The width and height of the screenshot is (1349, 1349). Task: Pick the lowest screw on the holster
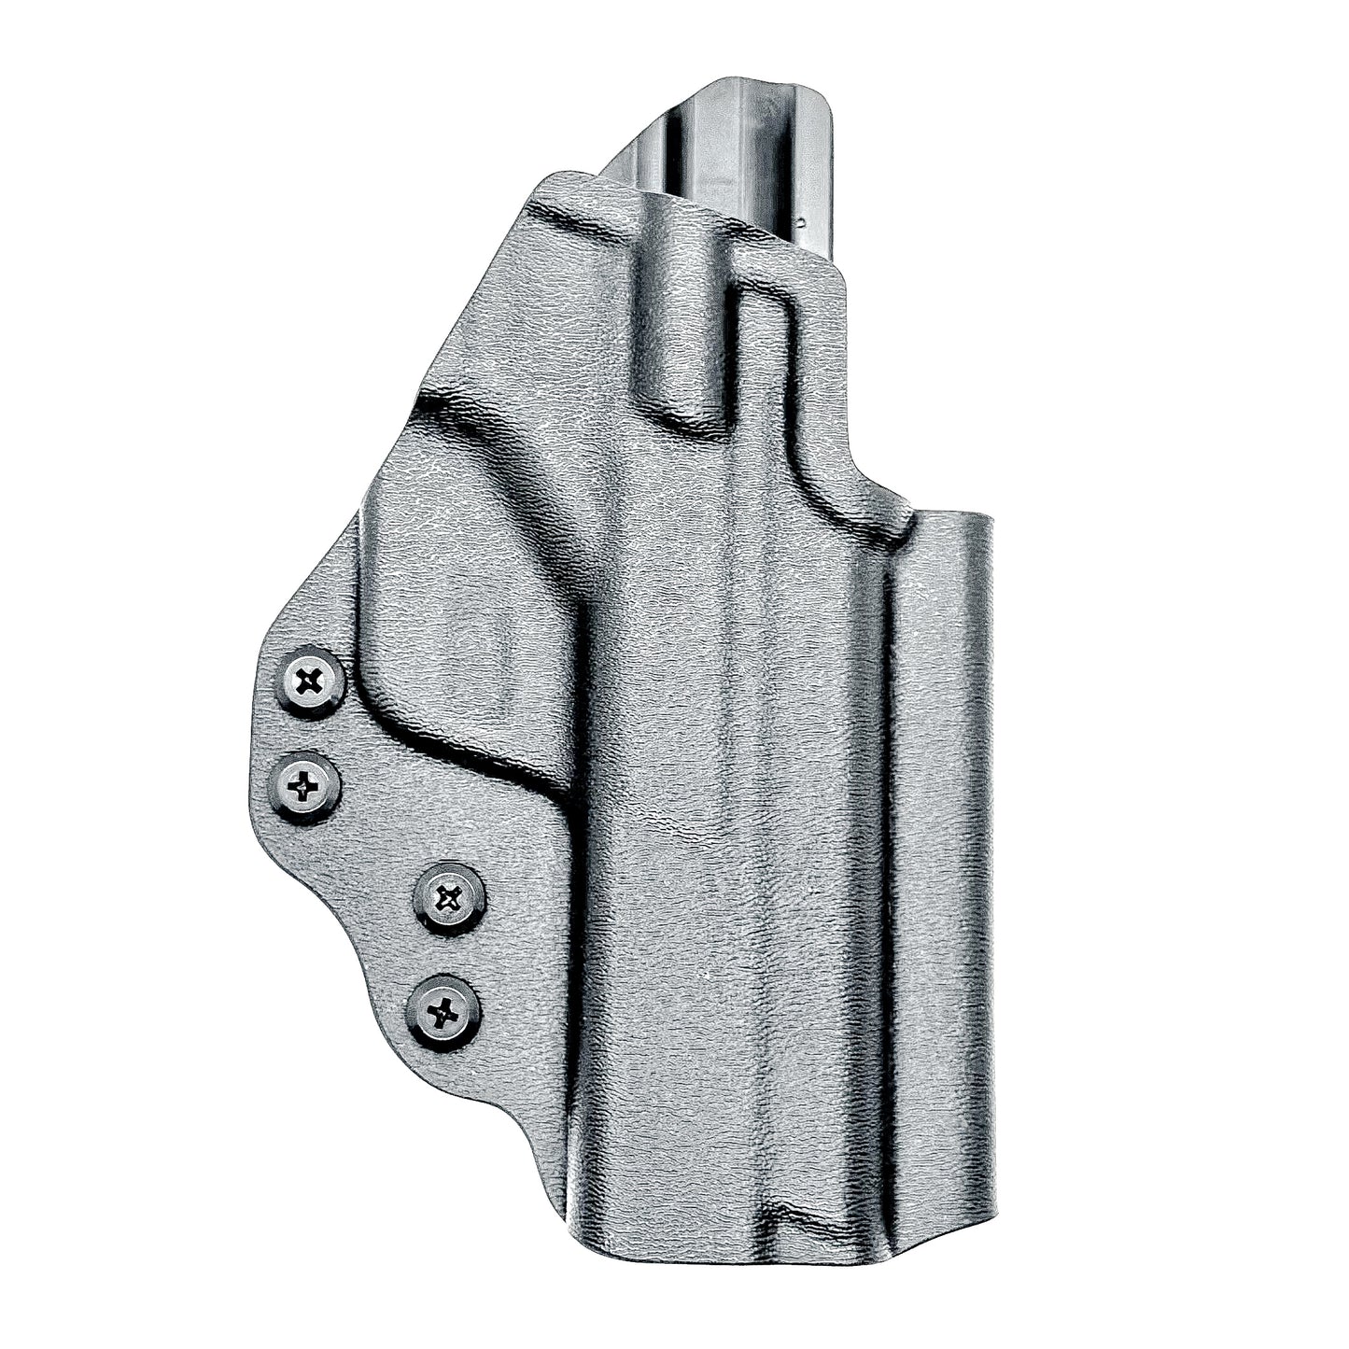443,1009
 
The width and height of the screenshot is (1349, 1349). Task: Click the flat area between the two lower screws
446,954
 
